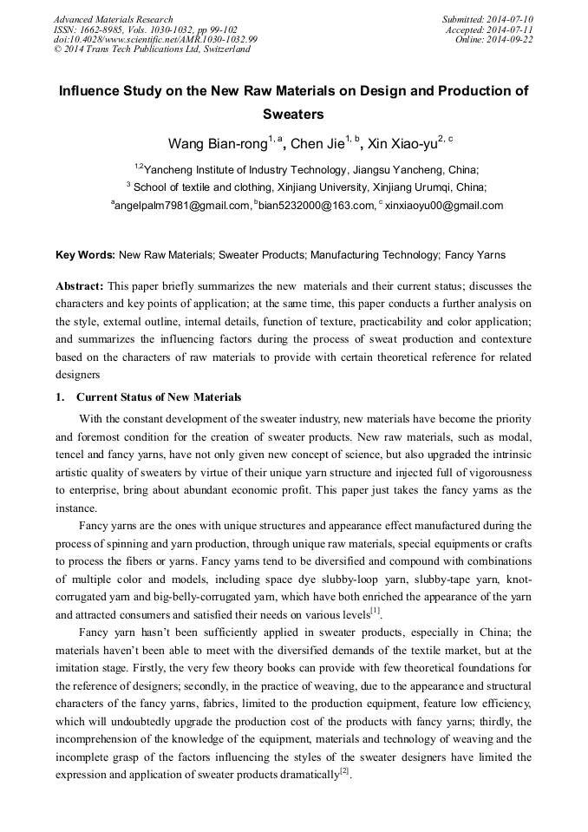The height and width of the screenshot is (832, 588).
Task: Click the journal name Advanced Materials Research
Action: click(113, 19)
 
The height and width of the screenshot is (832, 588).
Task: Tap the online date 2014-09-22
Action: click(513, 40)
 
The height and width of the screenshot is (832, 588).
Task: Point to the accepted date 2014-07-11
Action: click(513, 29)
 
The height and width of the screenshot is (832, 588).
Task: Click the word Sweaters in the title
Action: click(293, 114)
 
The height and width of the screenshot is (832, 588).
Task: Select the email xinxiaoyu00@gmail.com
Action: click(443, 206)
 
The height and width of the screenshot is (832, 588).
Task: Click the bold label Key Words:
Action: click(85, 255)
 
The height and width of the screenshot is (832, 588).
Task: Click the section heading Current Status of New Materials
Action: click(159, 397)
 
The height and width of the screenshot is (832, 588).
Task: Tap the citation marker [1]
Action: click(376, 612)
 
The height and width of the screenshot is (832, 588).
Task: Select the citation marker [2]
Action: click(344, 771)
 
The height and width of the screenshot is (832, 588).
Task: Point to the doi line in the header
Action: click(156, 40)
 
